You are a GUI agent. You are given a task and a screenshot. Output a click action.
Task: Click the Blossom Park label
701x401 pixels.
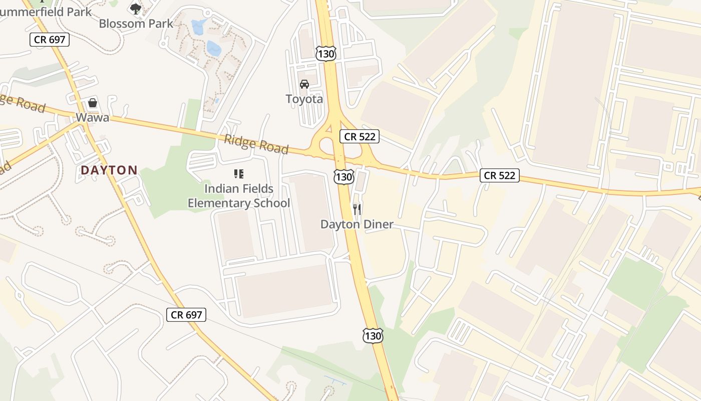(136, 23)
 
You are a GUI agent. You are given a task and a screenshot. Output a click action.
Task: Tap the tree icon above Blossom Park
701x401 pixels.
(136, 8)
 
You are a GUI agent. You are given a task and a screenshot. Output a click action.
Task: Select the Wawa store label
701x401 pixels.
(92, 118)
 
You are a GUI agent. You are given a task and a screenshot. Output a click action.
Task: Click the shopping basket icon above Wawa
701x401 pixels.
(93, 103)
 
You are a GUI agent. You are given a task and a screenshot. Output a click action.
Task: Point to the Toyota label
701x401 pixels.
(304, 99)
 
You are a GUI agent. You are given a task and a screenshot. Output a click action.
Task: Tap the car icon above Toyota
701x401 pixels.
(304, 84)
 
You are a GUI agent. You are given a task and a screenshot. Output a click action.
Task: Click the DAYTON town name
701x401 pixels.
(109, 170)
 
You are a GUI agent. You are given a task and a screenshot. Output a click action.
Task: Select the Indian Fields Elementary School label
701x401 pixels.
(239, 196)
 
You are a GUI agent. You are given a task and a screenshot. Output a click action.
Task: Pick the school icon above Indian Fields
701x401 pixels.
(239, 174)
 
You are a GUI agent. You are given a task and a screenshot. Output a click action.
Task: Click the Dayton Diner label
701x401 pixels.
(357, 224)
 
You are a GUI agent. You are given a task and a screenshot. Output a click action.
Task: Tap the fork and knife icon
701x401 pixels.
(357, 209)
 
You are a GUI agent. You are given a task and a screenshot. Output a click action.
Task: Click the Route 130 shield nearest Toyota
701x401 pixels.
(325, 54)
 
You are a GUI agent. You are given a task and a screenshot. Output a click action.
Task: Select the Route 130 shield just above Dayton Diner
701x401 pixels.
(344, 176)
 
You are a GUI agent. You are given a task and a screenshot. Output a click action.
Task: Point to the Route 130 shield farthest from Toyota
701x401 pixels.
(373, 335)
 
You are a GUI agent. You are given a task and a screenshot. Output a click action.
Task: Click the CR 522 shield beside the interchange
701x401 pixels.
(360, 136)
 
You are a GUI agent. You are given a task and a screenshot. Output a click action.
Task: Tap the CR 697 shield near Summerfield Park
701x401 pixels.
(50, 40)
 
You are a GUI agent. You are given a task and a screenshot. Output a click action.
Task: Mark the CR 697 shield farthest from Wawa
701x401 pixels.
(186, 315)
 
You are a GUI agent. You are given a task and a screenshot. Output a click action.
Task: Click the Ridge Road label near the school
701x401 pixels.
(256, 144)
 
